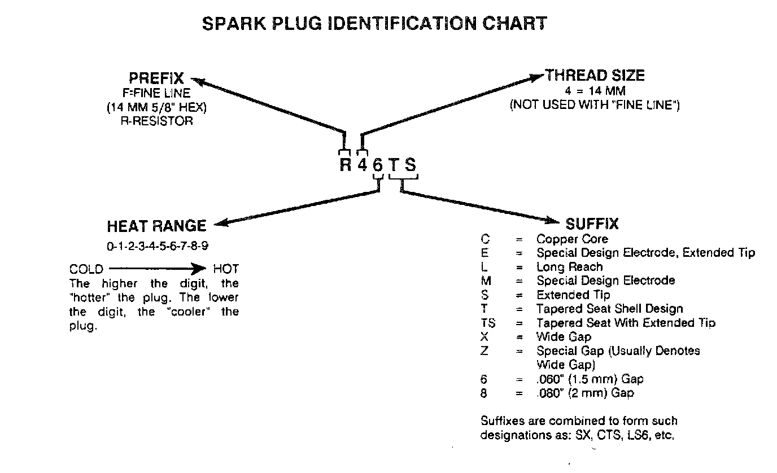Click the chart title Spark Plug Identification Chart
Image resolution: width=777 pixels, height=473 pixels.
[374, 24]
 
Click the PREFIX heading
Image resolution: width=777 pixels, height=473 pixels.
[156, 79]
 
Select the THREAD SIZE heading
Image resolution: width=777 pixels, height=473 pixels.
[595, 76]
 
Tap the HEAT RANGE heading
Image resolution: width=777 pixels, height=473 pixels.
[156, 226]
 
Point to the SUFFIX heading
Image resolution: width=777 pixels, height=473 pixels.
[592, 224]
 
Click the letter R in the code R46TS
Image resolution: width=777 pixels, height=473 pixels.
[345, 165]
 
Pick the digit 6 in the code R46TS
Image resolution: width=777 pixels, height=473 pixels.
[378, 165]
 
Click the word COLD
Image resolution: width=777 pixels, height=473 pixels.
[86, 269]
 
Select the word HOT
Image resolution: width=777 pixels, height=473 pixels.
[226, 269]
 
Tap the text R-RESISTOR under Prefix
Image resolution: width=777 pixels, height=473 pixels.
[156, 121]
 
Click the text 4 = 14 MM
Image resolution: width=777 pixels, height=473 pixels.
[595, 91]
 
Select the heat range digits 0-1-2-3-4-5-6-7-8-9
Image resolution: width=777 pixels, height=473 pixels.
[156, 246]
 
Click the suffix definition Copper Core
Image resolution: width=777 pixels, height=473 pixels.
[572, 239]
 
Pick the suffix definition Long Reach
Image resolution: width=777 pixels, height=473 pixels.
[569, 266]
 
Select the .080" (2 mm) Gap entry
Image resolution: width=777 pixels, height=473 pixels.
[585, 393]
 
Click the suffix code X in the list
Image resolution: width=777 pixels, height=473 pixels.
[484, 337]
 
